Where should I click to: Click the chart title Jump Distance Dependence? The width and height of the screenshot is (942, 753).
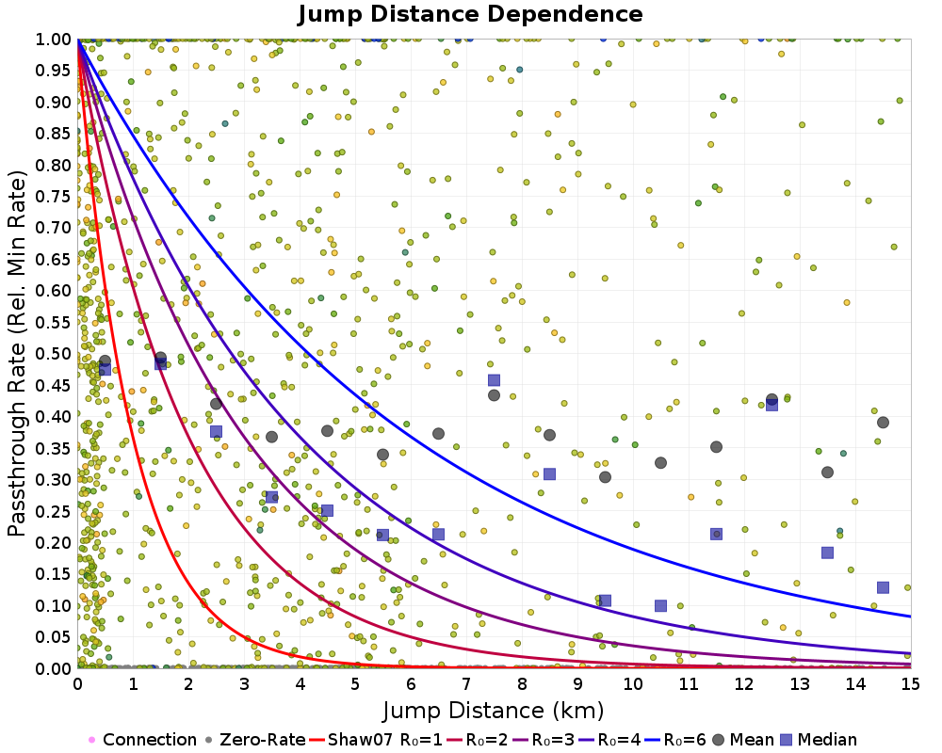[x=470, y=14]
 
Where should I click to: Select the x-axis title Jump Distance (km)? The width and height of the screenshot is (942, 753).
[x=494, y=709]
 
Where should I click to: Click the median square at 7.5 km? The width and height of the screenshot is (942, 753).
[x=494, y=380]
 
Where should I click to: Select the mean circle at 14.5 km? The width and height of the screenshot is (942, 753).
[x=883, y=422]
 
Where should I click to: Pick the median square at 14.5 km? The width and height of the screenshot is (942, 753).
[x=883, y=587]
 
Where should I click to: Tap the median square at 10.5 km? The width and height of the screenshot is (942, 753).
[x=660, y=606]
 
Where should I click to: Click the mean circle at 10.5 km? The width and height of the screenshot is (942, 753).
[x=660, y=462]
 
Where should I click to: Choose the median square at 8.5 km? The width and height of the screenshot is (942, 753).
[x=549, y=473]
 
